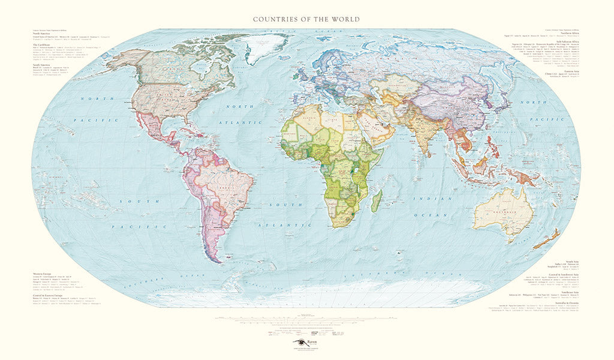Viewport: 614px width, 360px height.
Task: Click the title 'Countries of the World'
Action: [x=306, y=19]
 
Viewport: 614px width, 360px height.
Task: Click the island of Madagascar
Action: [x=377, y=201]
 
